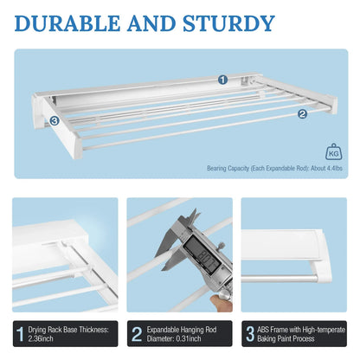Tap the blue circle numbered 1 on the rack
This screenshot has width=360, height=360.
point(222,80)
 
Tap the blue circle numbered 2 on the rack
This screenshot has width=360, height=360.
point(302,113)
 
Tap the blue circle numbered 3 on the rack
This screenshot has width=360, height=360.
point(54,121)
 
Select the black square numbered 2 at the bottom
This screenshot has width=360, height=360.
point(136,333)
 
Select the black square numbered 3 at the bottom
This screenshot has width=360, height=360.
point(251,333)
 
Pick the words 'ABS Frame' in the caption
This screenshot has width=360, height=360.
point(280,328)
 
